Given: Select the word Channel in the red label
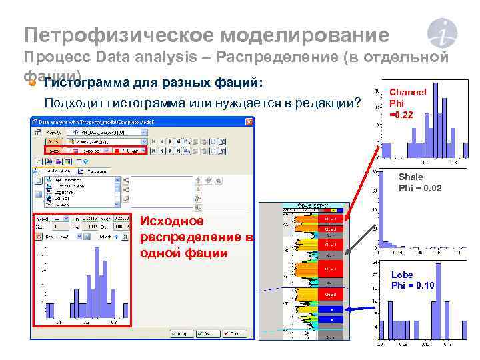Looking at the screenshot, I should [x=407, y=91].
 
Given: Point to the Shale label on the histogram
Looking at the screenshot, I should [x=411, y=177].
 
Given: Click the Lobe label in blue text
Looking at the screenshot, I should [x=402, y=275].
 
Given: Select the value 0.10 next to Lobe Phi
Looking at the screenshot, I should [x=424, y=285].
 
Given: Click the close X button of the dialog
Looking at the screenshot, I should [x=249, y=121].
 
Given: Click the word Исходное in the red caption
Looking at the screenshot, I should [x=170, y=221].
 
